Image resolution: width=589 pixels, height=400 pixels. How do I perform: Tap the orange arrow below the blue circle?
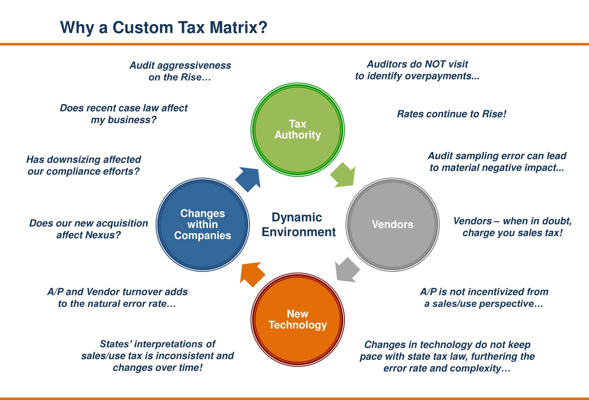251,274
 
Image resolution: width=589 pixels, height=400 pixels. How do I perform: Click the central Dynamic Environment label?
298,224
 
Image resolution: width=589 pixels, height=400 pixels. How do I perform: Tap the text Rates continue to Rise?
451,114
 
